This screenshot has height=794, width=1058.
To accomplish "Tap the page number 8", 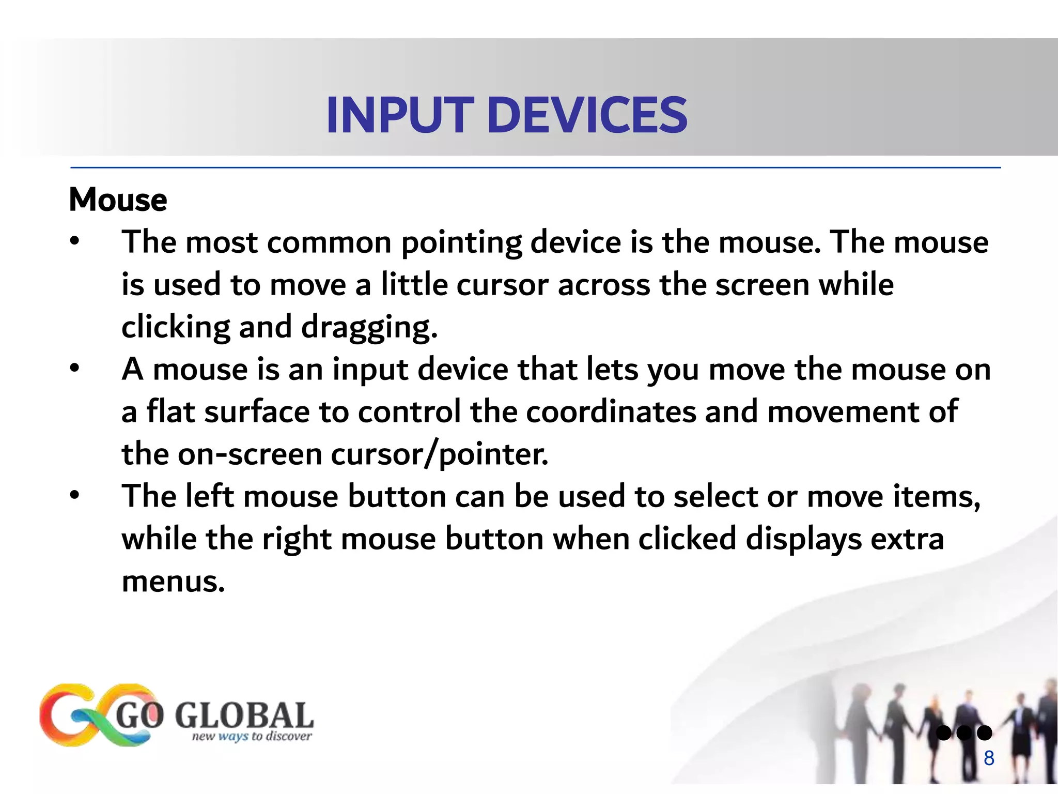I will coord(989,758).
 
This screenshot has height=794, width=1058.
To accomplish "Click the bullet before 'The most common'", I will coord(75,241).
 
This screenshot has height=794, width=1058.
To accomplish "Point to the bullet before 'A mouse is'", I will coord(75,368).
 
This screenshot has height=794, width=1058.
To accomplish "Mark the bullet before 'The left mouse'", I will coord(75,495).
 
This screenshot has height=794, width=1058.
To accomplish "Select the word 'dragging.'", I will coord(369,328).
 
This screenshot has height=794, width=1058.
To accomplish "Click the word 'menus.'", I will coord(174,582).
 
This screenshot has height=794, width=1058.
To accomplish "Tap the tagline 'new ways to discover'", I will coord(252,736).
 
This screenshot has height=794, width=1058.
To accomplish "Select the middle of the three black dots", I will coord(964,733).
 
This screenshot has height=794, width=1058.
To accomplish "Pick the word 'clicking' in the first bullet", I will coord(176,328).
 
